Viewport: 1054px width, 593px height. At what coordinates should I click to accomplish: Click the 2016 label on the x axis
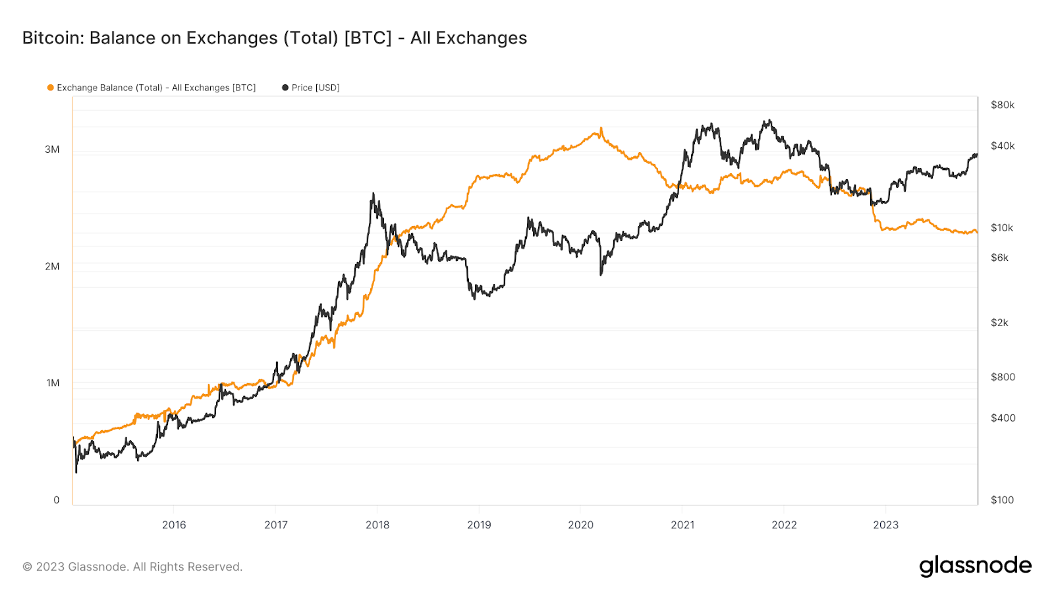click(x=174, y=525)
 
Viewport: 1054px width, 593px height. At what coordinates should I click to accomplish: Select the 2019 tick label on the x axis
click(x=479, y=525)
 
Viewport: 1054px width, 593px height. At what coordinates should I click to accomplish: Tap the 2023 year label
click(x=885, y=525)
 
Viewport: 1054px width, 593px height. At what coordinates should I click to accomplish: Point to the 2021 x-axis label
click(x=682, y=525)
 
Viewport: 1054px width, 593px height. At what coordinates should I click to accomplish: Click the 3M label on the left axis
click(x=52, y=150)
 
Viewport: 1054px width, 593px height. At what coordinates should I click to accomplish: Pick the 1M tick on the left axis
click(x=53, y=383)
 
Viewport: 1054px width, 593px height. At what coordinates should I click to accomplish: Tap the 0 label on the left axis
click(x=57, y=500)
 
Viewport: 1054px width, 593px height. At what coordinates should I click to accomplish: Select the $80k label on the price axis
click(x=1002, y=105)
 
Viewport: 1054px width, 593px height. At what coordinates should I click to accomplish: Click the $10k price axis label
click(x=1002, y=228)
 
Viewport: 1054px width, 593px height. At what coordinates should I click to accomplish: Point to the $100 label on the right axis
click(x=1002, y=500)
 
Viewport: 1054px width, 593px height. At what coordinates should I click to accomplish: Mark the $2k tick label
click(x=999, y=323)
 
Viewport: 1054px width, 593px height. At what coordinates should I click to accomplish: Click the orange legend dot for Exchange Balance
click(x=50, y=88)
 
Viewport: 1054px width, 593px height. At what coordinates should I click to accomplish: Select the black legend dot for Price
click(x=285, y=88)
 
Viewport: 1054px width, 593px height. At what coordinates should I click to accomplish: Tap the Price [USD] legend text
click(x=316, y=88)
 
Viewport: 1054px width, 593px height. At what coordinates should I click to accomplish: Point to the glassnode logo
click(x=975, y=566)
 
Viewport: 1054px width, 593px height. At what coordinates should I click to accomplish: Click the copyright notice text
click(x=132, y=567)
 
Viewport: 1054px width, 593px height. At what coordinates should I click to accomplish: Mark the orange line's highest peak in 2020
click(x=601, y=128)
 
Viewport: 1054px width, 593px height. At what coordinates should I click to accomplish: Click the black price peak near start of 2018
click(x=373, y=194)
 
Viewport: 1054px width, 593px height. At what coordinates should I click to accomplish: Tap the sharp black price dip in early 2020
click(x=601, y=274)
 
